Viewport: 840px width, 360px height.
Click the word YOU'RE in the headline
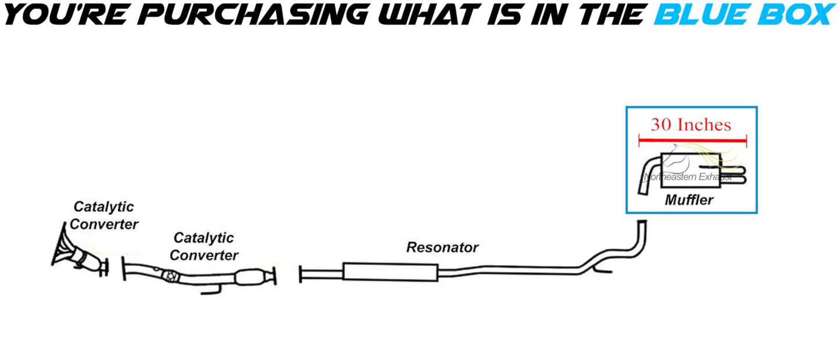tap(66, 15)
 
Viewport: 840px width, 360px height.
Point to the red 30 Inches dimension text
tap(691, 124)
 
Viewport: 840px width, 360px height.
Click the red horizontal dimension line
tap(692, 141)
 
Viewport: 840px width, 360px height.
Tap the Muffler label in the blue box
tap(689, 200)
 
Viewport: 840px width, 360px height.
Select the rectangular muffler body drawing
tap(691, 170)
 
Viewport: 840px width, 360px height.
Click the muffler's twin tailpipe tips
tap(733, 176)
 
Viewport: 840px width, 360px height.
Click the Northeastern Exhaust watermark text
tap(688, 177)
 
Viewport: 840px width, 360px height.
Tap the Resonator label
tap(442, 248)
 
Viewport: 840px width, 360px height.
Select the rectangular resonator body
tap(391, 272)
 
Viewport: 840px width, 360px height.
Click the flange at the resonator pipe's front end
tap(301, 274)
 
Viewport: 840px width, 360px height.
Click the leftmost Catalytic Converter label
tap(104, 215)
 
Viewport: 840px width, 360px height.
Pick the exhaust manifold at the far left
tap(62, 244)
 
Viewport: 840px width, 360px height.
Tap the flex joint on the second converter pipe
tap(171, 276)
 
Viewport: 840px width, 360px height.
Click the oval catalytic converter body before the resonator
tap(249, 277)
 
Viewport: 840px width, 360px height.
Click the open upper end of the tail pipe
tap(642, 222)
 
